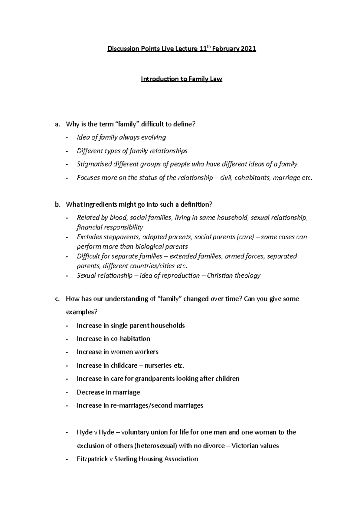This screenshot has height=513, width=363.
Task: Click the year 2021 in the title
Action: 248,49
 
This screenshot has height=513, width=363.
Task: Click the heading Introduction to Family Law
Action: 181,79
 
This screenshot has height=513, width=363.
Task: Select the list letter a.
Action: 57,124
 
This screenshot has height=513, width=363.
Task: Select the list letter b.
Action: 57,205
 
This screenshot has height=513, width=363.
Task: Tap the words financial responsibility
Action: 110,227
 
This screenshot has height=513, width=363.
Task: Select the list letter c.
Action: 57,299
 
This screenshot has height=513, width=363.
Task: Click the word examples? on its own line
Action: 82,312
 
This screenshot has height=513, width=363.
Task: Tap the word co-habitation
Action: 130,339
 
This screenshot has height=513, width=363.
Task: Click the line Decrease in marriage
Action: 108,392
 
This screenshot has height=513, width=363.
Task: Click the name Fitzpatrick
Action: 92,459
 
